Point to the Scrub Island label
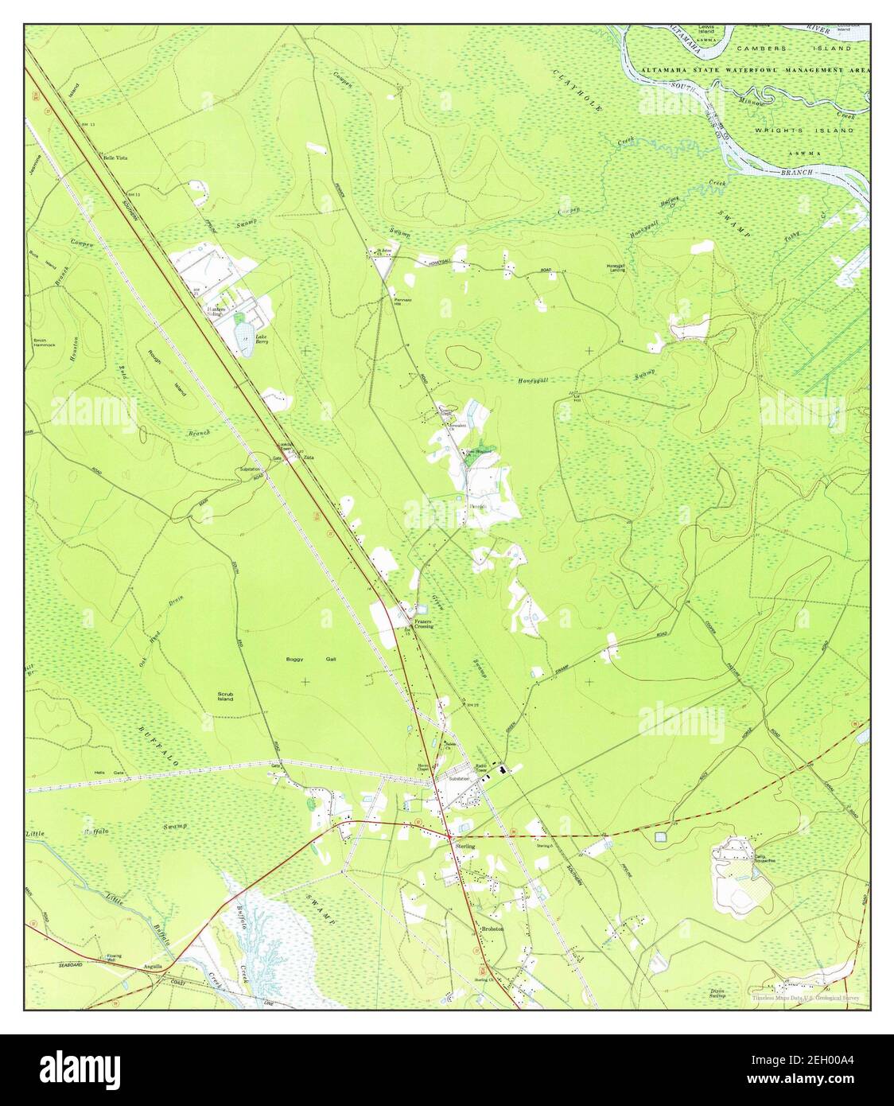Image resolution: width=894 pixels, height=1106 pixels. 225,696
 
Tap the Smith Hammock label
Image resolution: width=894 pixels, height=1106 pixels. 45,343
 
